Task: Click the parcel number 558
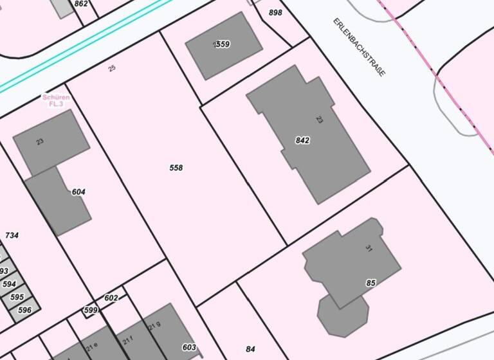(176, 168)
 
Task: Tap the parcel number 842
(302, 140)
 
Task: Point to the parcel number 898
(275, 13)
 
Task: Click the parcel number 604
(78, 192)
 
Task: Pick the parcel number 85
(370, 283)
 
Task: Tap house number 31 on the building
(369, 248)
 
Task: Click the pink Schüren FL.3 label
(56, 100)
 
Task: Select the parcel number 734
(12, 236)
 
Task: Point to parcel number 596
(24, 310)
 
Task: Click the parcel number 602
(111, 298)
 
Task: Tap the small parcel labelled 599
(91, 310)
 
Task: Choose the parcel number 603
(189, 347)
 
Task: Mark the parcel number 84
(250, 349)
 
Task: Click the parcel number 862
(81, 4)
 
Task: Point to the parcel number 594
(9, 284)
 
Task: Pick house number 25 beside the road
(113, 68)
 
